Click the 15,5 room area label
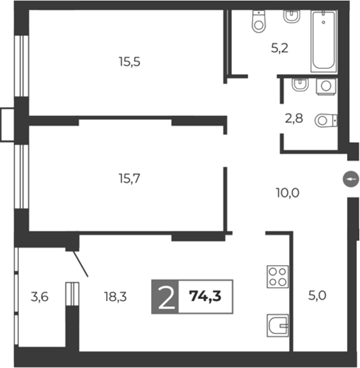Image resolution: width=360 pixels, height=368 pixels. pyautogui.click(x=130, y=63)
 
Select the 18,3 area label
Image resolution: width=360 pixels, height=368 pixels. pyautogui.click(x=115, y=297)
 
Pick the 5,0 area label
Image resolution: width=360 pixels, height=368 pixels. pyautogui.click(x=317, y=295)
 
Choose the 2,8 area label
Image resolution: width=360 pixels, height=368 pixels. pyautogui.click(x=294, y=119)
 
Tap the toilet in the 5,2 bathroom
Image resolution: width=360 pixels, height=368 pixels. pyautogui.click(x=259, y=22)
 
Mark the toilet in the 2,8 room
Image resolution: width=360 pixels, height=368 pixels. pyautogui.click(x=325, y=120)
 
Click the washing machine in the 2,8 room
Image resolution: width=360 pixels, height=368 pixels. pyautogui.click(x=325, y=86)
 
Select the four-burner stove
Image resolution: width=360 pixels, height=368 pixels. pyautogui.click(x=277, y=276)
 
